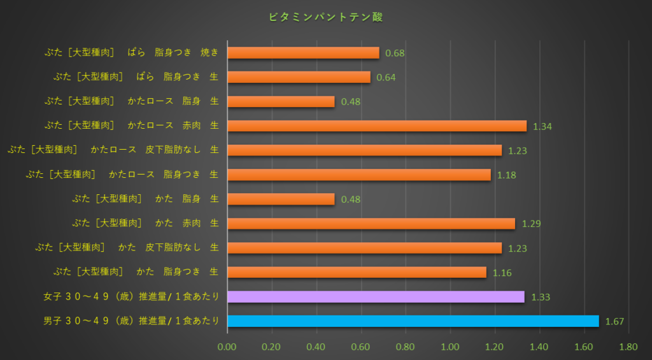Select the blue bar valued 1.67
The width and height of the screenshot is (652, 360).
pyautogui.click(x=413, y=321)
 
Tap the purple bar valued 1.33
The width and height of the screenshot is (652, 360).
pyautogui.click(x=376, y=297)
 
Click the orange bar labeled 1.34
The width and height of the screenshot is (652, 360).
pyautogui.click(x=377, y=126)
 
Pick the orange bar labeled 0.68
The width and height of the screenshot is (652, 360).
pyautogui.click(x=303, y=52)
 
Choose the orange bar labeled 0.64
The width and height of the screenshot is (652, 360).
pyautogui.click(x=299, y=77)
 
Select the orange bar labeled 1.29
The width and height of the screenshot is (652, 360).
pyautogui.click(x=371, y=224)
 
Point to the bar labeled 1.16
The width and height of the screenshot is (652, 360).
pyautogui.click(x=357, y=273)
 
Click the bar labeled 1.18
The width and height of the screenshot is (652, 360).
pyautogui.click(x=359, y=175)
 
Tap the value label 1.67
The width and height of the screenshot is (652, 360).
pyautogui.click(x=614, y=322)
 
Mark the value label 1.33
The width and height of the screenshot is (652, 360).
pyautogui.click(x=541, y=298)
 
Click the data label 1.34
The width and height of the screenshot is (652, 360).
pyautogui.click(x=542, y=127)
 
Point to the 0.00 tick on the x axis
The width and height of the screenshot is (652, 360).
pyautogui.click(x=227, y=347)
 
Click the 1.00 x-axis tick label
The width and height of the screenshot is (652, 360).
pyautogui.click(x=450, y=347)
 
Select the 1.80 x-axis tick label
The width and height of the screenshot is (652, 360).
pyautogui.click(x=628, y=347)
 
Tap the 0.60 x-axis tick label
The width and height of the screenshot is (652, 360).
pyautogui.click(x=361, y=347)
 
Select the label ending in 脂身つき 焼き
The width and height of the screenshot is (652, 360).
pyautogui.click(x=136, y=52)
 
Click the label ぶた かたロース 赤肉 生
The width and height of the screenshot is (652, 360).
pyautogui.click(x=131, y=126)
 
